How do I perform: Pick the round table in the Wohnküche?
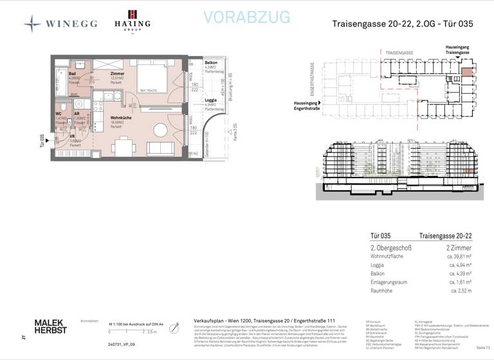(x=158, y=130)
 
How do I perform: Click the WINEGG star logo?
(x=32, y=24)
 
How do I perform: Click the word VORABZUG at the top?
(x=246, y=17)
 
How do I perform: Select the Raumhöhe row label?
(x=383, y=291)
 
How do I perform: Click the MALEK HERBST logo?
(x=50, y=326)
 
